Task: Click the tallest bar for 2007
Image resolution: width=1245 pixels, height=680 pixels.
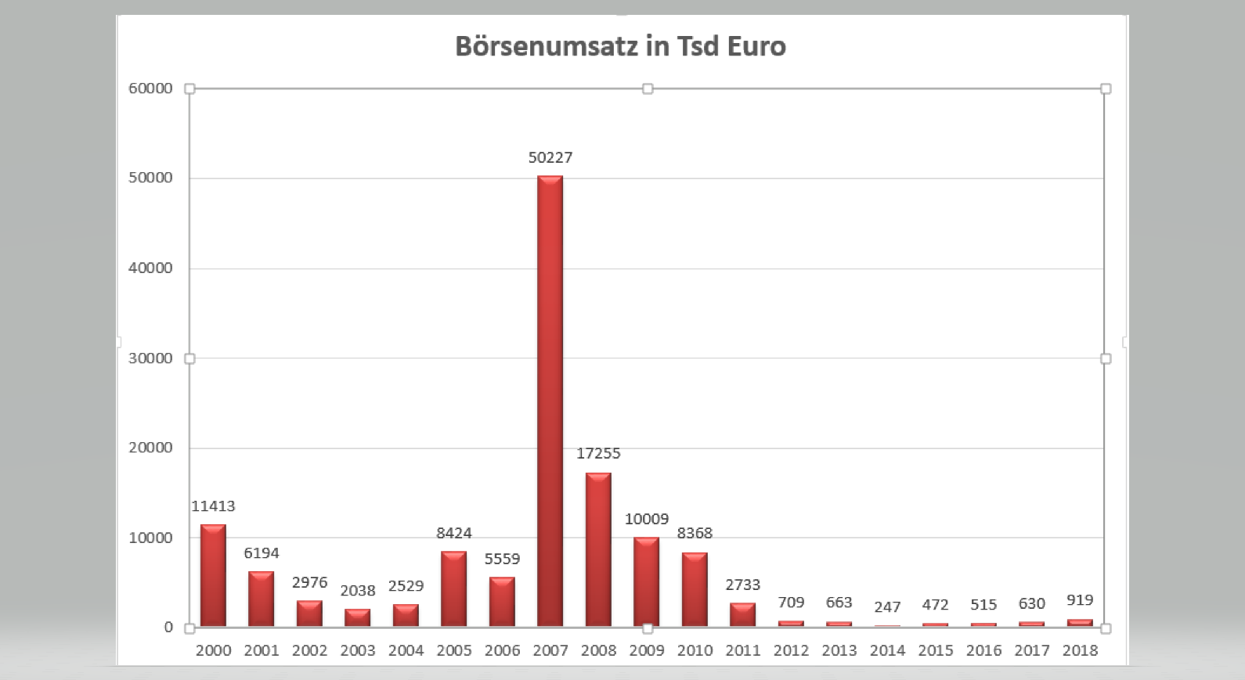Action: click(x=550, y=401)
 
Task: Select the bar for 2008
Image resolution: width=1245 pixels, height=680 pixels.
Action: click(x=598, y=549)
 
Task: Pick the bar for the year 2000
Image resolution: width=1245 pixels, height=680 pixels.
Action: click(x=213, y=575)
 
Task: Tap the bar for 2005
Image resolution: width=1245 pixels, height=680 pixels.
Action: click(x=453, y=588)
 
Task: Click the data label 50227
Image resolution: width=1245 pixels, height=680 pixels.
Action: click(x=550, y=157)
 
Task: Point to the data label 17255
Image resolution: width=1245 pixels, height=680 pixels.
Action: click(x=598, y=453)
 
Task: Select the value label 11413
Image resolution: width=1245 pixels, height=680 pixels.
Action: click(x=213, y=506)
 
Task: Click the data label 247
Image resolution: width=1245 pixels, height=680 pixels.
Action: click(x=887, y=606)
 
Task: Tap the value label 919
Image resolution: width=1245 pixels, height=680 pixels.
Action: click(x=1080, y=600)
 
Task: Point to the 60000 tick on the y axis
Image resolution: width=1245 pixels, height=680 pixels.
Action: click(x=151, y=88)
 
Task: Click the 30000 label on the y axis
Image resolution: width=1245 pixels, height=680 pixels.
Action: click(x=151, y=358)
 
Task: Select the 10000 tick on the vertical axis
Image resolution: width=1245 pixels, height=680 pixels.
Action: click(x=151, y=538)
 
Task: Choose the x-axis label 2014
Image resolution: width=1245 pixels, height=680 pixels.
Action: click(x=887, y=650)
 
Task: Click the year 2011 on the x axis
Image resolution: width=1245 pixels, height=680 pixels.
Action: click(x=743, y=650)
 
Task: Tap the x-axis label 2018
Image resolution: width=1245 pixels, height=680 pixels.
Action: click(x=1080, y=650)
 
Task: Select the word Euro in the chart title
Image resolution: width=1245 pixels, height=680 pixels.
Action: click(x=756, y=46)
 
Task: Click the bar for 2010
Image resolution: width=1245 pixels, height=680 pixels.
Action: click(x=695, y=589)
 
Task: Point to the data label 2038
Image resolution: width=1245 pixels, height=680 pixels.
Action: click(x=358, y=591)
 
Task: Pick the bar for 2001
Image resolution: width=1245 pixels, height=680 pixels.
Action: click(x=262, y=599)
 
